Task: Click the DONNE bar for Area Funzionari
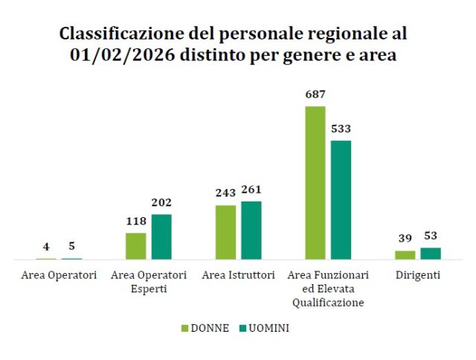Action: pyautogui.click(x=315, y=182)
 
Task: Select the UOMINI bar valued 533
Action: pyautogui.click(x=341, y=199)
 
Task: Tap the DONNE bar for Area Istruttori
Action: pyautogui.click(x=225, y=232)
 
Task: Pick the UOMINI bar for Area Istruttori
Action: pyautogui.click(x=251, y=230)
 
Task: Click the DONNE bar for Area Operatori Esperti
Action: pyautogui.click(x=135, y=245)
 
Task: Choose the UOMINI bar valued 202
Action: pyautogui.click(x=161, y=237)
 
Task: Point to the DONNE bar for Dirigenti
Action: pyautogui.click(x=405, y=254)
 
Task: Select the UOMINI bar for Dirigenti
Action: pyautogui.click(x=431, y=253)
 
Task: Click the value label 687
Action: pyautogui.click(x=315, y=94)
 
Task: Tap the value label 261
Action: pyautogui.click(x=251, y=190)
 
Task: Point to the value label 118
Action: pyautogui.click(x=135, y=221)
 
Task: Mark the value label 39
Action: pyautogui.click(x=405, y=238)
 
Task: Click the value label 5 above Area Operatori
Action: pyautogui.click(x=72, y=246)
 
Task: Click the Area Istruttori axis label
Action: pyautogui.click(x=239, y=275)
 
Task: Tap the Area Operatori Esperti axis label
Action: pyautogui.click(x=149, y=282)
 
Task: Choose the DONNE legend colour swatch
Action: pyautogui.click(x=185, y=328)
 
